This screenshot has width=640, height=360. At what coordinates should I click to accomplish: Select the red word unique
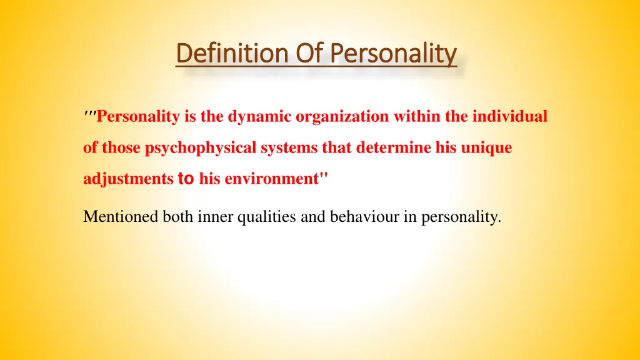click(487, 148)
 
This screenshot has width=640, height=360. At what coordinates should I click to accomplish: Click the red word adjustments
click(128, 179)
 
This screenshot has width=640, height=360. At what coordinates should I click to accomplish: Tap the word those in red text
click(122, 148)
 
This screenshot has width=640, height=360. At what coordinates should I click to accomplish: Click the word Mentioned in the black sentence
click(121, 217)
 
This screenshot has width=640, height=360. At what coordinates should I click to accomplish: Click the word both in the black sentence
click(177, 217)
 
